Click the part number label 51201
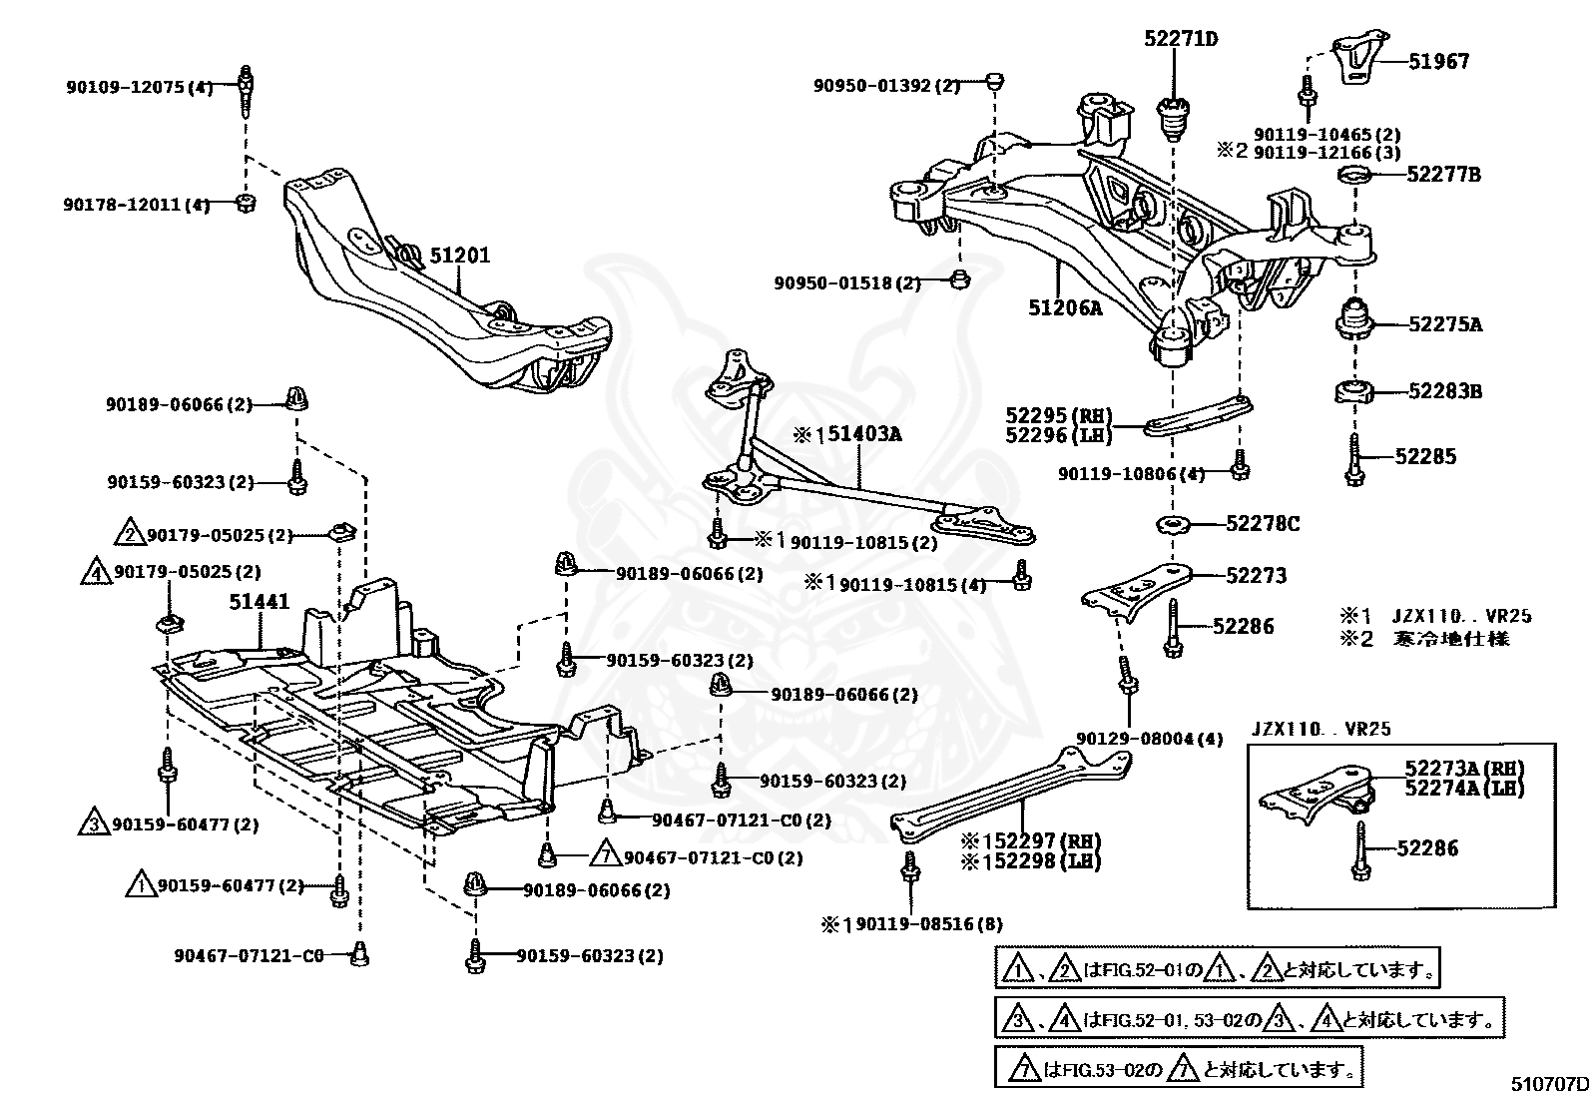coord(460,256)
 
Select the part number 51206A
coord(1065,308)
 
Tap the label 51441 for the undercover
coord(259,602)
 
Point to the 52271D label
coord(1181,38)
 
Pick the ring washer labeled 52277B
coord(1355,175)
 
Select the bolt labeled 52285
coord(1354,460)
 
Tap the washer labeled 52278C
coord(1174,526)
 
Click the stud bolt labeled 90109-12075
coord(246,93)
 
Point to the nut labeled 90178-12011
coord(246,204)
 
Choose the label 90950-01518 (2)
coord(847,283)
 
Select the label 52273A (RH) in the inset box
coord(1464,769)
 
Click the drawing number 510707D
coord(1549,1083)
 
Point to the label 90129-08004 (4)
coord(1149,739)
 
